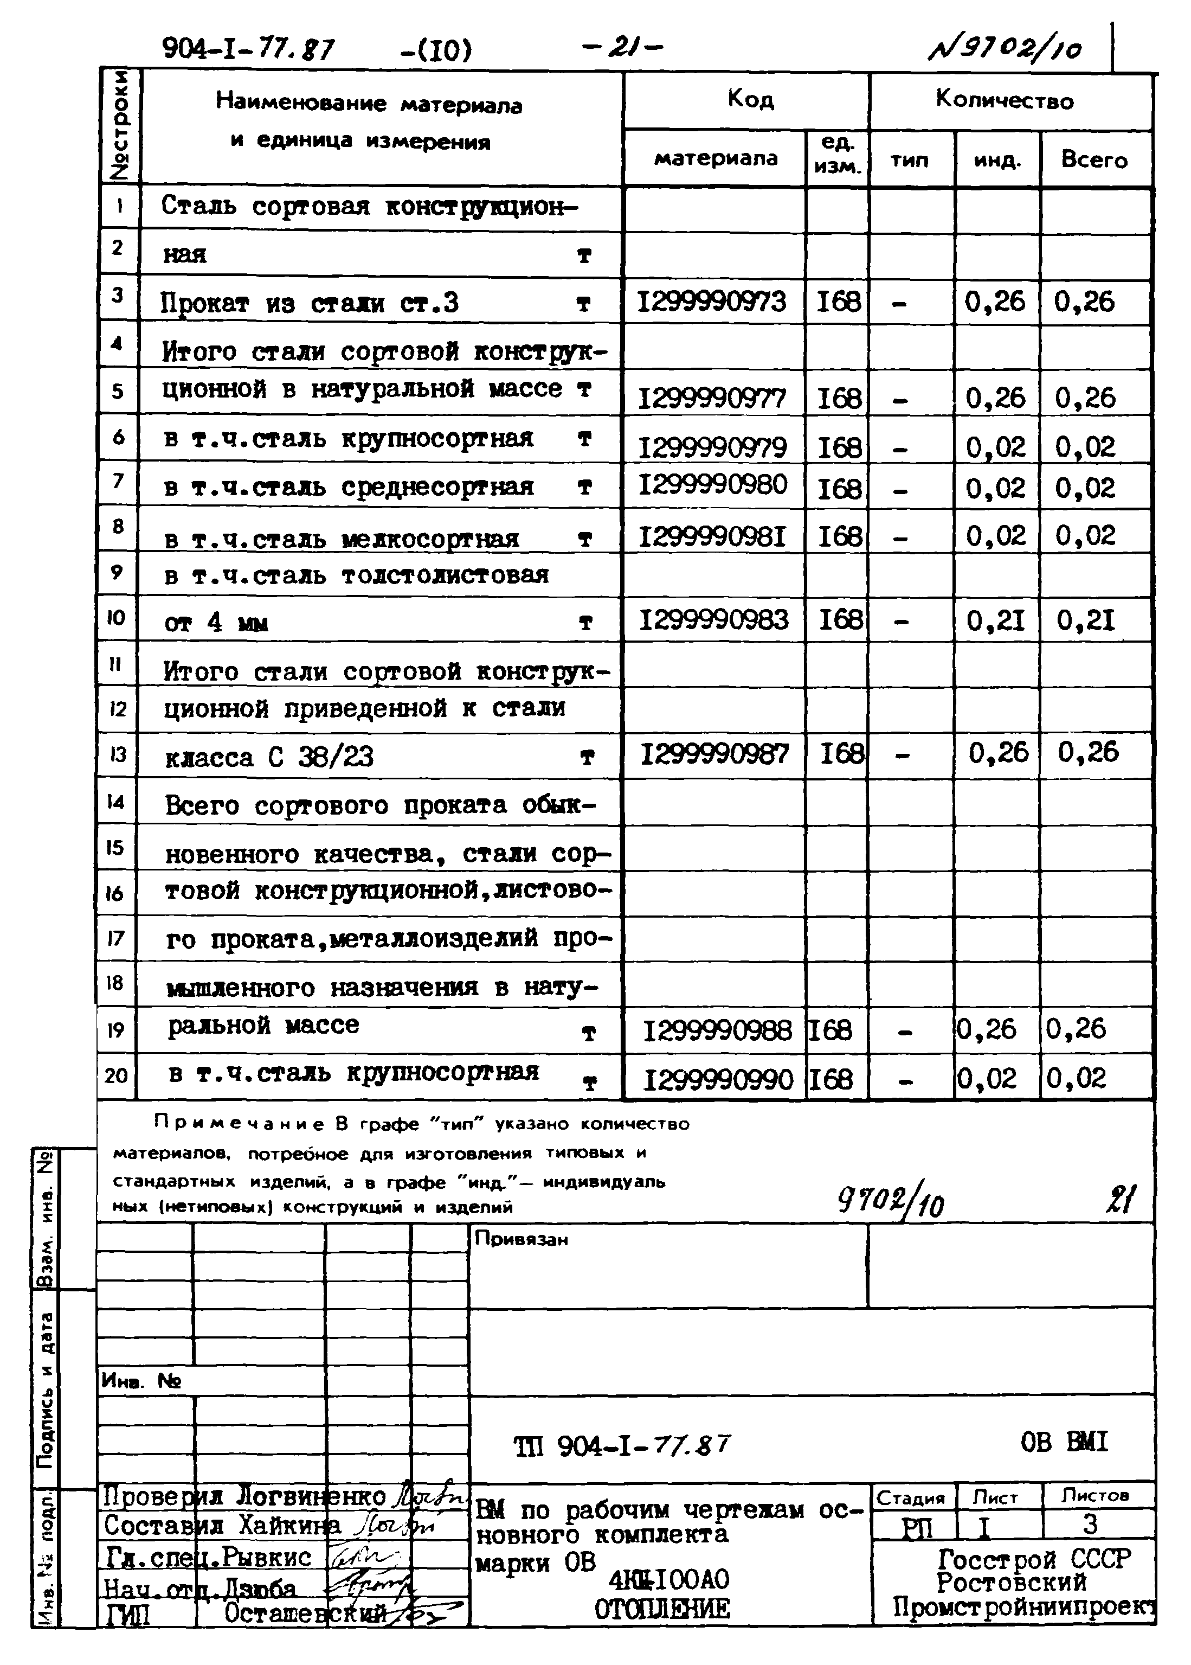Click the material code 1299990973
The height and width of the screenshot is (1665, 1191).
(711, 302)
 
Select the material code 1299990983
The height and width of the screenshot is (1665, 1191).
(713, 620)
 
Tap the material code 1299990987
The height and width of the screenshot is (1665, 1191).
(714, 754)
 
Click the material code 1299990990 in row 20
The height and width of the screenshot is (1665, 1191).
(718, 1079)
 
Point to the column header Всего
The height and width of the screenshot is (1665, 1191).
(1093, 160)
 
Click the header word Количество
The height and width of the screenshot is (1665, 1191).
(1004, 100)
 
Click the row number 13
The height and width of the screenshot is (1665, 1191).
(117, 754)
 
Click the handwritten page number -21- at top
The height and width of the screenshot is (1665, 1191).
(622, 47)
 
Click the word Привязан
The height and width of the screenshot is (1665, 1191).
(521, 1239)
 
